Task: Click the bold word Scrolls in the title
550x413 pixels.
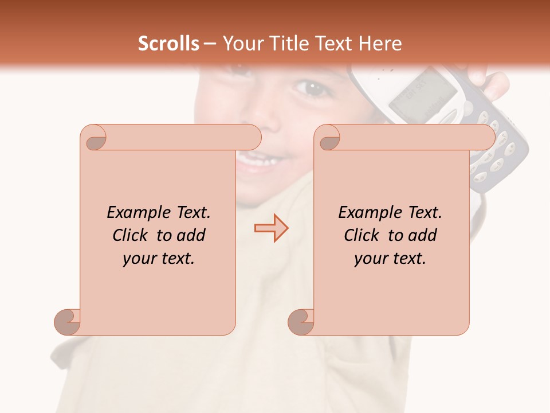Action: pyautogui.click(x=168, y=44)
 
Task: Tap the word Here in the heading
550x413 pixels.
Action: pyautogui.click(x=380, y=44)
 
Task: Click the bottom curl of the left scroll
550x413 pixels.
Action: pyautogui.click(x=68, y=322)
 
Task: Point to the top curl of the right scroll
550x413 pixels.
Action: pyautogui.click(x=328, y=138)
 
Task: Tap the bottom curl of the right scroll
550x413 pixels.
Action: pyautogui.click(x=301, y=322)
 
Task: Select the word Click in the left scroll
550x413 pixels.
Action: pyautogui.click(x=130, y=235)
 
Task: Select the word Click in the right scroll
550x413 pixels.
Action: pyautogui.click(x=362, y=235)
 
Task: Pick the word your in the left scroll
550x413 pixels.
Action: pyautogui.click(x=140, y=259)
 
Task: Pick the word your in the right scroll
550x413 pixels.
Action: pyautogui.click(x=371, y=259)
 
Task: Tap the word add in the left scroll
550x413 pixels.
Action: pyautogui.click(x=191, y=235)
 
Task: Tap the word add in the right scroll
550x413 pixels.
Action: pyautogui.click(x=422, y=235)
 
